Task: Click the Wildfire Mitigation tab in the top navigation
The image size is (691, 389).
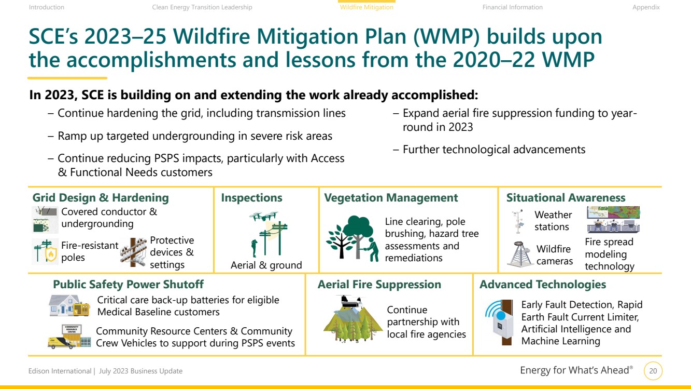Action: [x=366, y=7]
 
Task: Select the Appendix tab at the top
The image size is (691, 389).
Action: [x=646, y=7]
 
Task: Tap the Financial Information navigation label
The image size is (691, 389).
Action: [x=512, y=7]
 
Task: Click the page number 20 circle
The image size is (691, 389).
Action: [x=653, y=371]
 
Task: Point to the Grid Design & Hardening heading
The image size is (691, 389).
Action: [x=101, y=197]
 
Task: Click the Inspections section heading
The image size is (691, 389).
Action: [x=251, y=198]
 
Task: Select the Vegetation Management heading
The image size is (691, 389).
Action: [x=391, y=198]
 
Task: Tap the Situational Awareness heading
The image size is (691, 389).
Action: [x=566, y=197]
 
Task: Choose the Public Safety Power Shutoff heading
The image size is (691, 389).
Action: [x=129, y=284]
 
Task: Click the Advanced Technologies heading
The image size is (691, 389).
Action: [x=543, y=284]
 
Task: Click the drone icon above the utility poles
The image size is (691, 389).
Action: [x=263, y=216]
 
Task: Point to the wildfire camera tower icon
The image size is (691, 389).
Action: [x=519, y=254]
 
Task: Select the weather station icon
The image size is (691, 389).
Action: [x=518, y=221]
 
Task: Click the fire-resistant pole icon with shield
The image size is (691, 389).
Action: [x=45, y=251]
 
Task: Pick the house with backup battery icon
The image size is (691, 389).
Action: [x=69, y=305]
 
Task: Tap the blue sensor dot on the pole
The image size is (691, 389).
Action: [x=501, y=315]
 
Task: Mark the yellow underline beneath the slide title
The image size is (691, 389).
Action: [x=67, y=78]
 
